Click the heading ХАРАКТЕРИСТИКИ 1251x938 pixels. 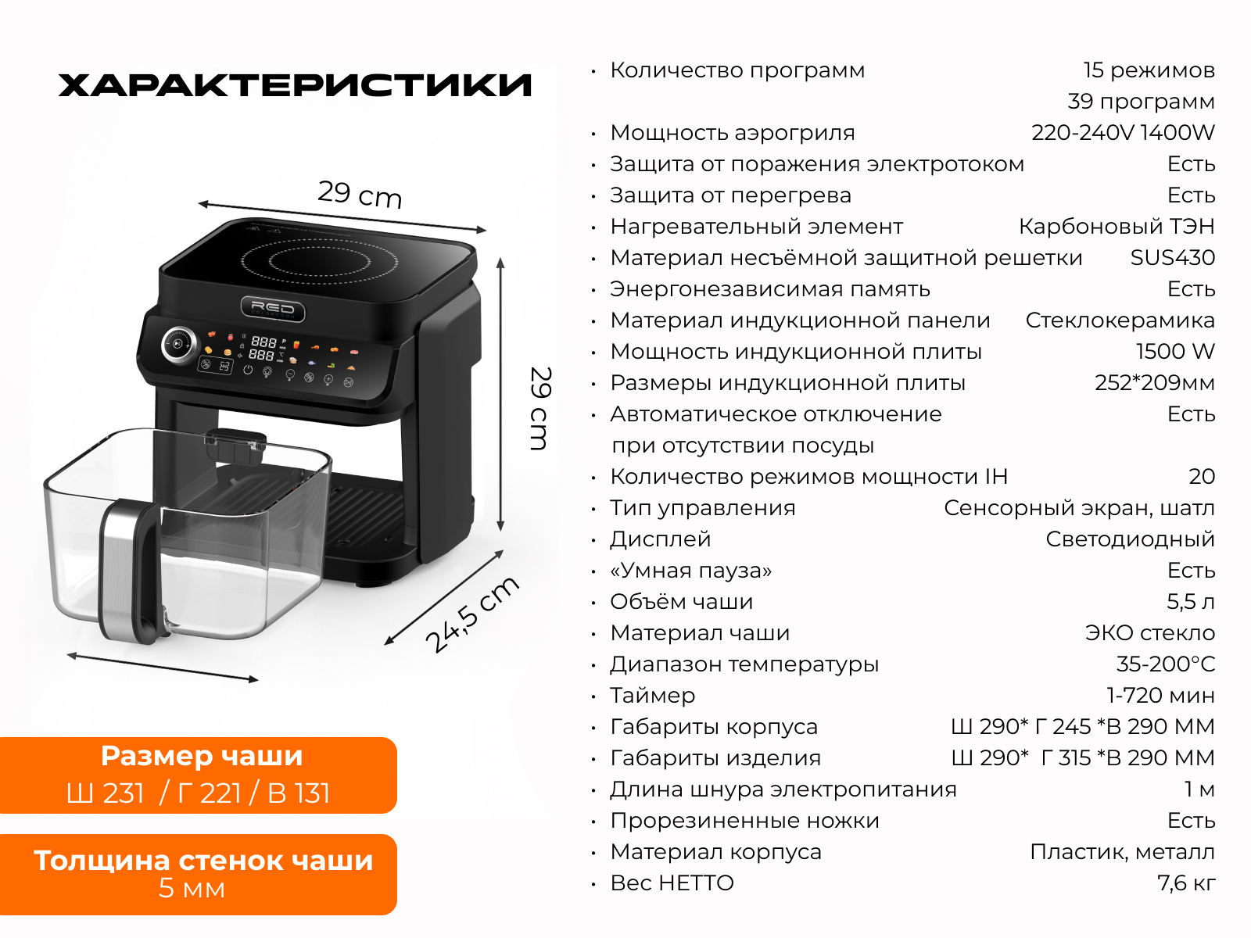(295, 85)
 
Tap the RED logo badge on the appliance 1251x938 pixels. (273, 309)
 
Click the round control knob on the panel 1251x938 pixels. (179, 345)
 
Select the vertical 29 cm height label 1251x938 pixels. (539, 408)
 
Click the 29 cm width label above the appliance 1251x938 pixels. (360, 194)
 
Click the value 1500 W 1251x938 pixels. (1175, 352)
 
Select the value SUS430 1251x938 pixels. (1172, 257)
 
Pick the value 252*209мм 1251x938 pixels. (1155, 383)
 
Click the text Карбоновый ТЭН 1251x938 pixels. (1117, 226)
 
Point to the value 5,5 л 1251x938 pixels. (1191, 601)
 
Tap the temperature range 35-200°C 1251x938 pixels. (1166, 664)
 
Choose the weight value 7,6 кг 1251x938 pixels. (1186, 883)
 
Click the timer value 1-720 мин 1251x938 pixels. (1160, 696)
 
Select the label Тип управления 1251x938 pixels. (702, 508)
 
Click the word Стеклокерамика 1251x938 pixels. (1120, 320)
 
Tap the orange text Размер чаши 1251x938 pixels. (201, 757)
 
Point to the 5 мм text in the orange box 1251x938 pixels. (192, 889)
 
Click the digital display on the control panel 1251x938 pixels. (263, 349)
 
